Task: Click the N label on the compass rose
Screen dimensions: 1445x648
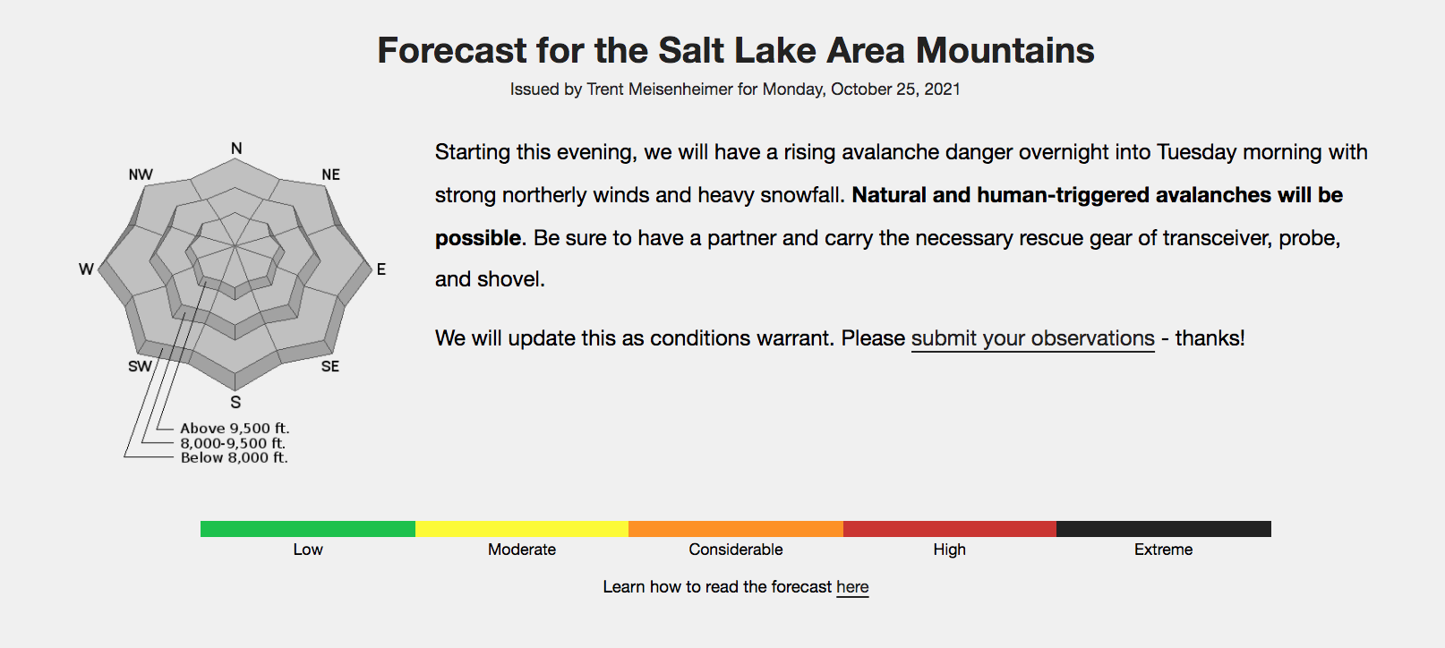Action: pyautogui.click(x=236, y=149)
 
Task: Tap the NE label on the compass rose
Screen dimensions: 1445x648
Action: pyautogui.click(x=331, y=175)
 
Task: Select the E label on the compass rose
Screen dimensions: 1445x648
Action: pyautogui.click(x=381, y=269)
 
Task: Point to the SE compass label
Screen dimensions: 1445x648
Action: pyautogui.click(x=330, y=366)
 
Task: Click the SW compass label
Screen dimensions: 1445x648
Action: pyautogui.click(x=140, y=366)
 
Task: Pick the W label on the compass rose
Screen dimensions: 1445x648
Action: pyautogui.click(x=86, y=269)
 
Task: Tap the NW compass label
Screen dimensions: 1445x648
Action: pyautogui.click(x=141, y=175)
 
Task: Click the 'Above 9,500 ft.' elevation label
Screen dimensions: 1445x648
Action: pyautogui.click(x=235, y=428)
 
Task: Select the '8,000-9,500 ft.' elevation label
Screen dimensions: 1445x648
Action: pyautogui.click(x=233, y=443)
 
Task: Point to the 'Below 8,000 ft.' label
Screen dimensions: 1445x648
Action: pyautogui.click(x=235, y=457)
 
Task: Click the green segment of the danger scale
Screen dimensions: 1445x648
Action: pyautogui.click(x=308, y=529)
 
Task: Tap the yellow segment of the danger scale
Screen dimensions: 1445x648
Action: pyautogui.click(x=522, y=529)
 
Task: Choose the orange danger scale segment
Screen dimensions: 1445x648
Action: pyautogui.click(x=736, y=529)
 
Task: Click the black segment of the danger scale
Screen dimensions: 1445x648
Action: pyautogui.click(x=1164, y=529)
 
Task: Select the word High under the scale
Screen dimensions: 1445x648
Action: pyautogui.click(x=950, y=550)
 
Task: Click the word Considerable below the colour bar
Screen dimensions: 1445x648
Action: pyautogui.click(x=736, y=550)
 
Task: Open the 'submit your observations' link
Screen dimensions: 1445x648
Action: pyautogui.click(x=1033, y=338)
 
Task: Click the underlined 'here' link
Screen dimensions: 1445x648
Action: pyautogui.click(x=853, y=587)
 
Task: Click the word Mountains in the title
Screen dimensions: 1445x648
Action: pyautogui.click(x=1005, y=50)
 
